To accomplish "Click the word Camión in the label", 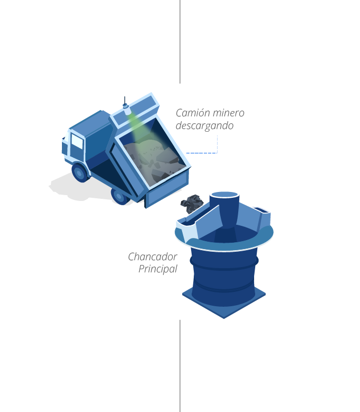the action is [193, 113].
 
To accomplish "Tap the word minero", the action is [229, 113].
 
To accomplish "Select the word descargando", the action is [204, 126].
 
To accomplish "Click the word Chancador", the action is [152, 257].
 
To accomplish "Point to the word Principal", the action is [158, 269].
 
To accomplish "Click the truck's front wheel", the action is [80, 172].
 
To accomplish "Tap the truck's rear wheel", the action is [120, 196].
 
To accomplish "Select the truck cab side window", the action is [77, 141].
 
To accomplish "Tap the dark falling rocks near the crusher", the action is [192, 204].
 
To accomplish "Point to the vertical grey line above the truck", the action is [180, 42].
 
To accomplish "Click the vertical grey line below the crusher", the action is [180, 366].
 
